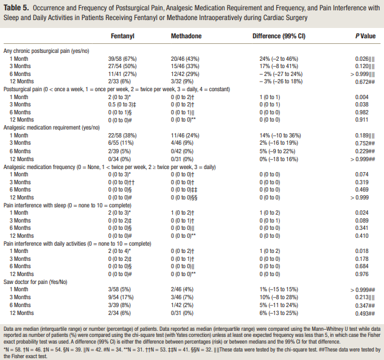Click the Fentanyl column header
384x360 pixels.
point(122,36)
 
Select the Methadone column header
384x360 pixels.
point(186,36)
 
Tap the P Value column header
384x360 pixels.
point(365,36)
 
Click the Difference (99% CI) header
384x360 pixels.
point(279,36)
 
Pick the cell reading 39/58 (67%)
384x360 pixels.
point(122,59)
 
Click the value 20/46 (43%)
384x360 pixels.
point(185,59)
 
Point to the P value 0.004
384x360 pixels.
point(361,97)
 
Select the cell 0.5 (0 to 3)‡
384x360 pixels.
point(122,105)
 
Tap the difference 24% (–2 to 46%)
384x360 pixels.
point(279,59)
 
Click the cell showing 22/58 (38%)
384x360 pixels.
point(122,136)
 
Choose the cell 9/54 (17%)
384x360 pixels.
point(120,297)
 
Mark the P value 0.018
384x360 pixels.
point(361,251)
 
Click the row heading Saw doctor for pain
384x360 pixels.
point(35,282)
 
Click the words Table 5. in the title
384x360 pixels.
point(16,8)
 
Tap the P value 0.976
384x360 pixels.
point(361,274)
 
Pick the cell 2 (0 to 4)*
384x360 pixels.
point(119,251)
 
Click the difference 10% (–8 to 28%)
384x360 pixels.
point(279,297)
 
